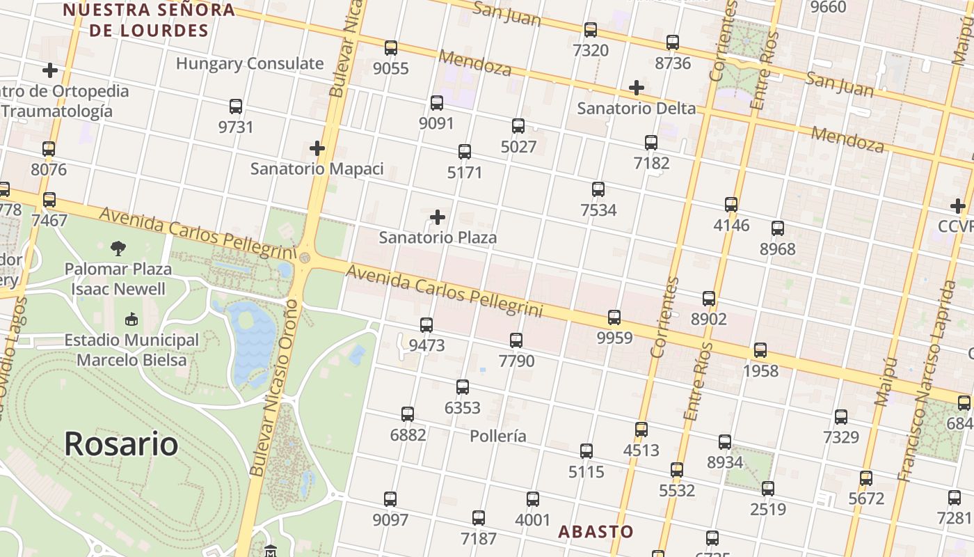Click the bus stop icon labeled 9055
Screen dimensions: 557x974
(x=391, y=48)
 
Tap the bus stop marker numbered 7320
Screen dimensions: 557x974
(x=591, y=30)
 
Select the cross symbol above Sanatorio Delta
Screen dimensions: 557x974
(x=636, y=88)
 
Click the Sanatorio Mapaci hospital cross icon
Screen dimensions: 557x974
(x=317, y=148)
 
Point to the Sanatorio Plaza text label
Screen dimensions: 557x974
(x=438, y=237)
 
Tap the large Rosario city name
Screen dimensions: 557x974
(x=121, y=444)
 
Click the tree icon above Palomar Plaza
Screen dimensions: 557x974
(x=118, y=248)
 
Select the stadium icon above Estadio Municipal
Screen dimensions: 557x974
(x=131, y=320)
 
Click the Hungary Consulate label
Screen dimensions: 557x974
(x=250, y=63)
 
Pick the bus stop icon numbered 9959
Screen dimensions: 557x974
(x=614, y=317)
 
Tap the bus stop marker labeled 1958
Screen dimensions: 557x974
(x=760, y=350)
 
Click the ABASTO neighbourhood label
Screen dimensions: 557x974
(x=596, y=532)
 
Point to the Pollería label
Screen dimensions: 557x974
(x=498, y=437)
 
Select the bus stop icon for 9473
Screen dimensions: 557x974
(x=426, y=325)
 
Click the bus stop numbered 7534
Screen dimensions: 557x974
(x=598, y=189)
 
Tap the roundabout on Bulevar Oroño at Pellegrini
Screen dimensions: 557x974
(x=305, y=258)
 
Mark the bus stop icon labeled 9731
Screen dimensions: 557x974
(x=236, y=107)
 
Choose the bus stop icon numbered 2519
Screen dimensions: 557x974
(x=768, y=489)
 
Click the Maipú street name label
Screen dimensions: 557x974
(x=884, y=382)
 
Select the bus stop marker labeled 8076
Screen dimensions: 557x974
(x=49, y=149)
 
